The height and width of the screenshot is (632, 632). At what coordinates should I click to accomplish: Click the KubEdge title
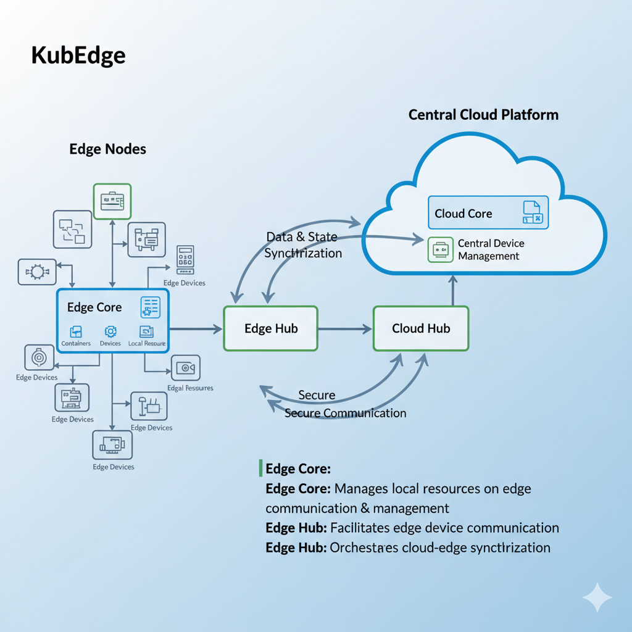[78, 56]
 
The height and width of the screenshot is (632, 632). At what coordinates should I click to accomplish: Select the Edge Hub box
[271, 328]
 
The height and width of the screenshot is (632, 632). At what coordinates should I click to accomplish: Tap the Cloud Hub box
[421, 328]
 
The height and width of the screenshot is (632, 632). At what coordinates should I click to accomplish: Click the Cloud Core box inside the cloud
[488, 214]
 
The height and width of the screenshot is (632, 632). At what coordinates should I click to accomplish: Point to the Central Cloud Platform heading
[483, 115]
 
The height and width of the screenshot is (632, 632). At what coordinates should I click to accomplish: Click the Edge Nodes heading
[107, 149]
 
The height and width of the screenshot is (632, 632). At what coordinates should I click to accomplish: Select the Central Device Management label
[491, 250]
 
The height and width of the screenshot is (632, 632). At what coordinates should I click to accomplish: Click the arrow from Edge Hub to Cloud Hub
[345, 328]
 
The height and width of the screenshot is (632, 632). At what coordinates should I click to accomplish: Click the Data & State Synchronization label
[302, 245]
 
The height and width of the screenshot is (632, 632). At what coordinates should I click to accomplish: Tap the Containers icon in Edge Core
[76, 331]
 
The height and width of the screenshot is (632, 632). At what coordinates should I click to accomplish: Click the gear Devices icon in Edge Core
[110, 331]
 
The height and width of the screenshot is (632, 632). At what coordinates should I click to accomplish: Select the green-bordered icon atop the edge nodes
[112, 201]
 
